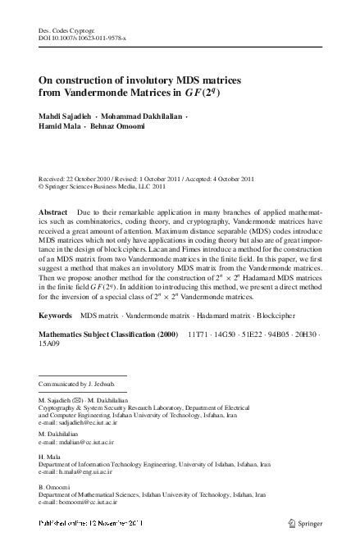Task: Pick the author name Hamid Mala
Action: click(58, 129)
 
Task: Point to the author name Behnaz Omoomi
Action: click(119, 129)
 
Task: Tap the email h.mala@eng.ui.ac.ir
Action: click(88, 472)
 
